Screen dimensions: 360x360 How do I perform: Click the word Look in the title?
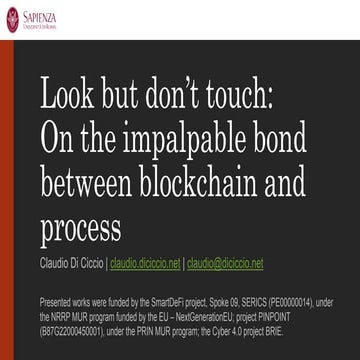71,98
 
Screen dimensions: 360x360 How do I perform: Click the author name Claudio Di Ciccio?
71,264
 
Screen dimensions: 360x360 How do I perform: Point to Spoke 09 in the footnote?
241,299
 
